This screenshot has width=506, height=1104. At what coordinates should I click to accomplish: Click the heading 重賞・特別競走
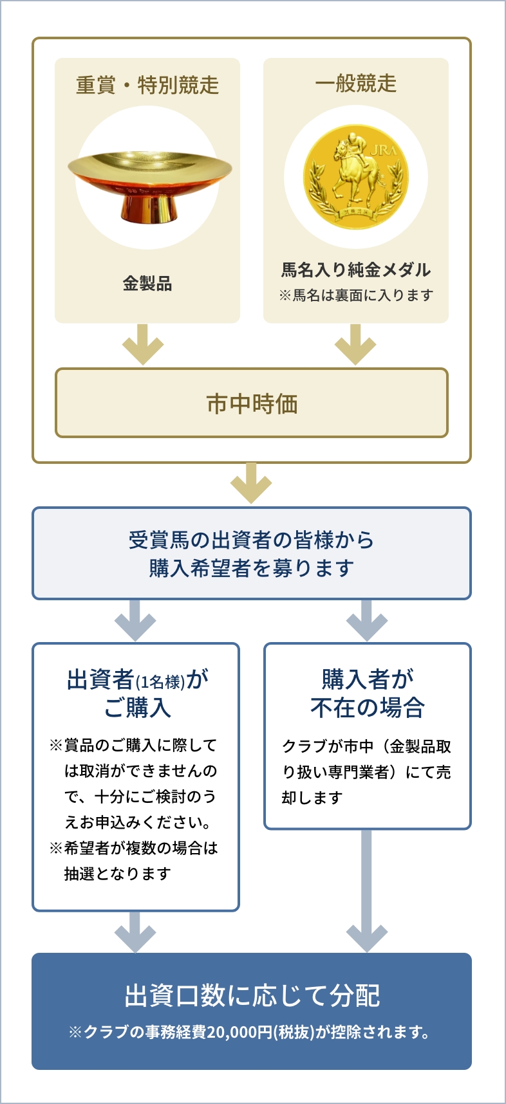pos(147,85)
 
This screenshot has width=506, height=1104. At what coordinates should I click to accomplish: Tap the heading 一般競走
pos(355,84)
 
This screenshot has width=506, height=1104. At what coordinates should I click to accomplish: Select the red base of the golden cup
pos(149,207)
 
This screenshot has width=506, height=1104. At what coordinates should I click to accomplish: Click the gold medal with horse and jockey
pos(355,177)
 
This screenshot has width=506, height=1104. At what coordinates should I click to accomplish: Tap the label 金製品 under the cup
pos(147,283)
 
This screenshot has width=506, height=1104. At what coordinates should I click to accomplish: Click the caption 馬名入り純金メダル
pos(355,270)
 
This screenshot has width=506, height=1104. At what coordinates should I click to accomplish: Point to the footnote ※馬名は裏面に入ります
pos(355,295)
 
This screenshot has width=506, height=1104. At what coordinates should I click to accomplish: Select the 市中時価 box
pos(252,403)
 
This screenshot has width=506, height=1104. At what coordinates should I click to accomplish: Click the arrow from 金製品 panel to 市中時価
pos(143,344)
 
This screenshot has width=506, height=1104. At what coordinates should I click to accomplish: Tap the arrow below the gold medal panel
pos(355,344)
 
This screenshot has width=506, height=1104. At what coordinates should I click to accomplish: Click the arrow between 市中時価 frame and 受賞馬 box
pos(251,483)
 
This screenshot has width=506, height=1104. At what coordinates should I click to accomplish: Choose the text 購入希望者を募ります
pos(252,568)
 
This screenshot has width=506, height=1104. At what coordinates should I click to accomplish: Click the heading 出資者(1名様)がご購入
pos(137,693)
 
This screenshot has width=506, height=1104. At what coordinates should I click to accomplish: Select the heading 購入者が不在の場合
pos(368,693)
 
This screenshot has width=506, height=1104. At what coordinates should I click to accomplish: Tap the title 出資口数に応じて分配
pos(252,995)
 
